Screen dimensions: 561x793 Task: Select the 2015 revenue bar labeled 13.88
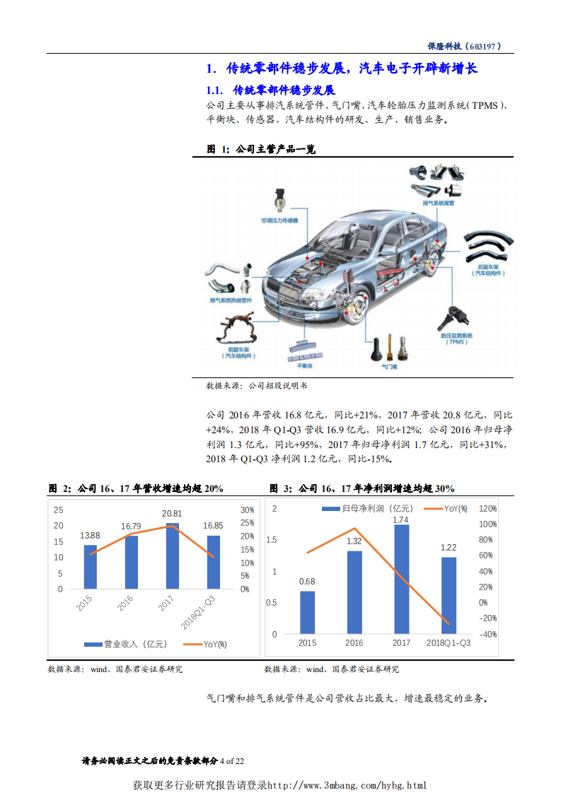90,567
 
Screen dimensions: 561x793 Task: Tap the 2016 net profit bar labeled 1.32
354,592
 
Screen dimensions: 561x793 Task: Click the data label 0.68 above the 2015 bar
307,582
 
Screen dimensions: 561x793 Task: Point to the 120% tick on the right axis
487,509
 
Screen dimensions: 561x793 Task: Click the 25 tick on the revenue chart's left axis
58,510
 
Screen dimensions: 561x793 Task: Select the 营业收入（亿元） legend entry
126,644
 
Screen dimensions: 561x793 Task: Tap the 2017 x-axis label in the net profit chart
401,642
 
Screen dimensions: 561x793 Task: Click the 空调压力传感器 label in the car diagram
279,221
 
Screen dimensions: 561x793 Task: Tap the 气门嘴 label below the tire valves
389,368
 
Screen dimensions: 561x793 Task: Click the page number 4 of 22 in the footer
232,761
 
